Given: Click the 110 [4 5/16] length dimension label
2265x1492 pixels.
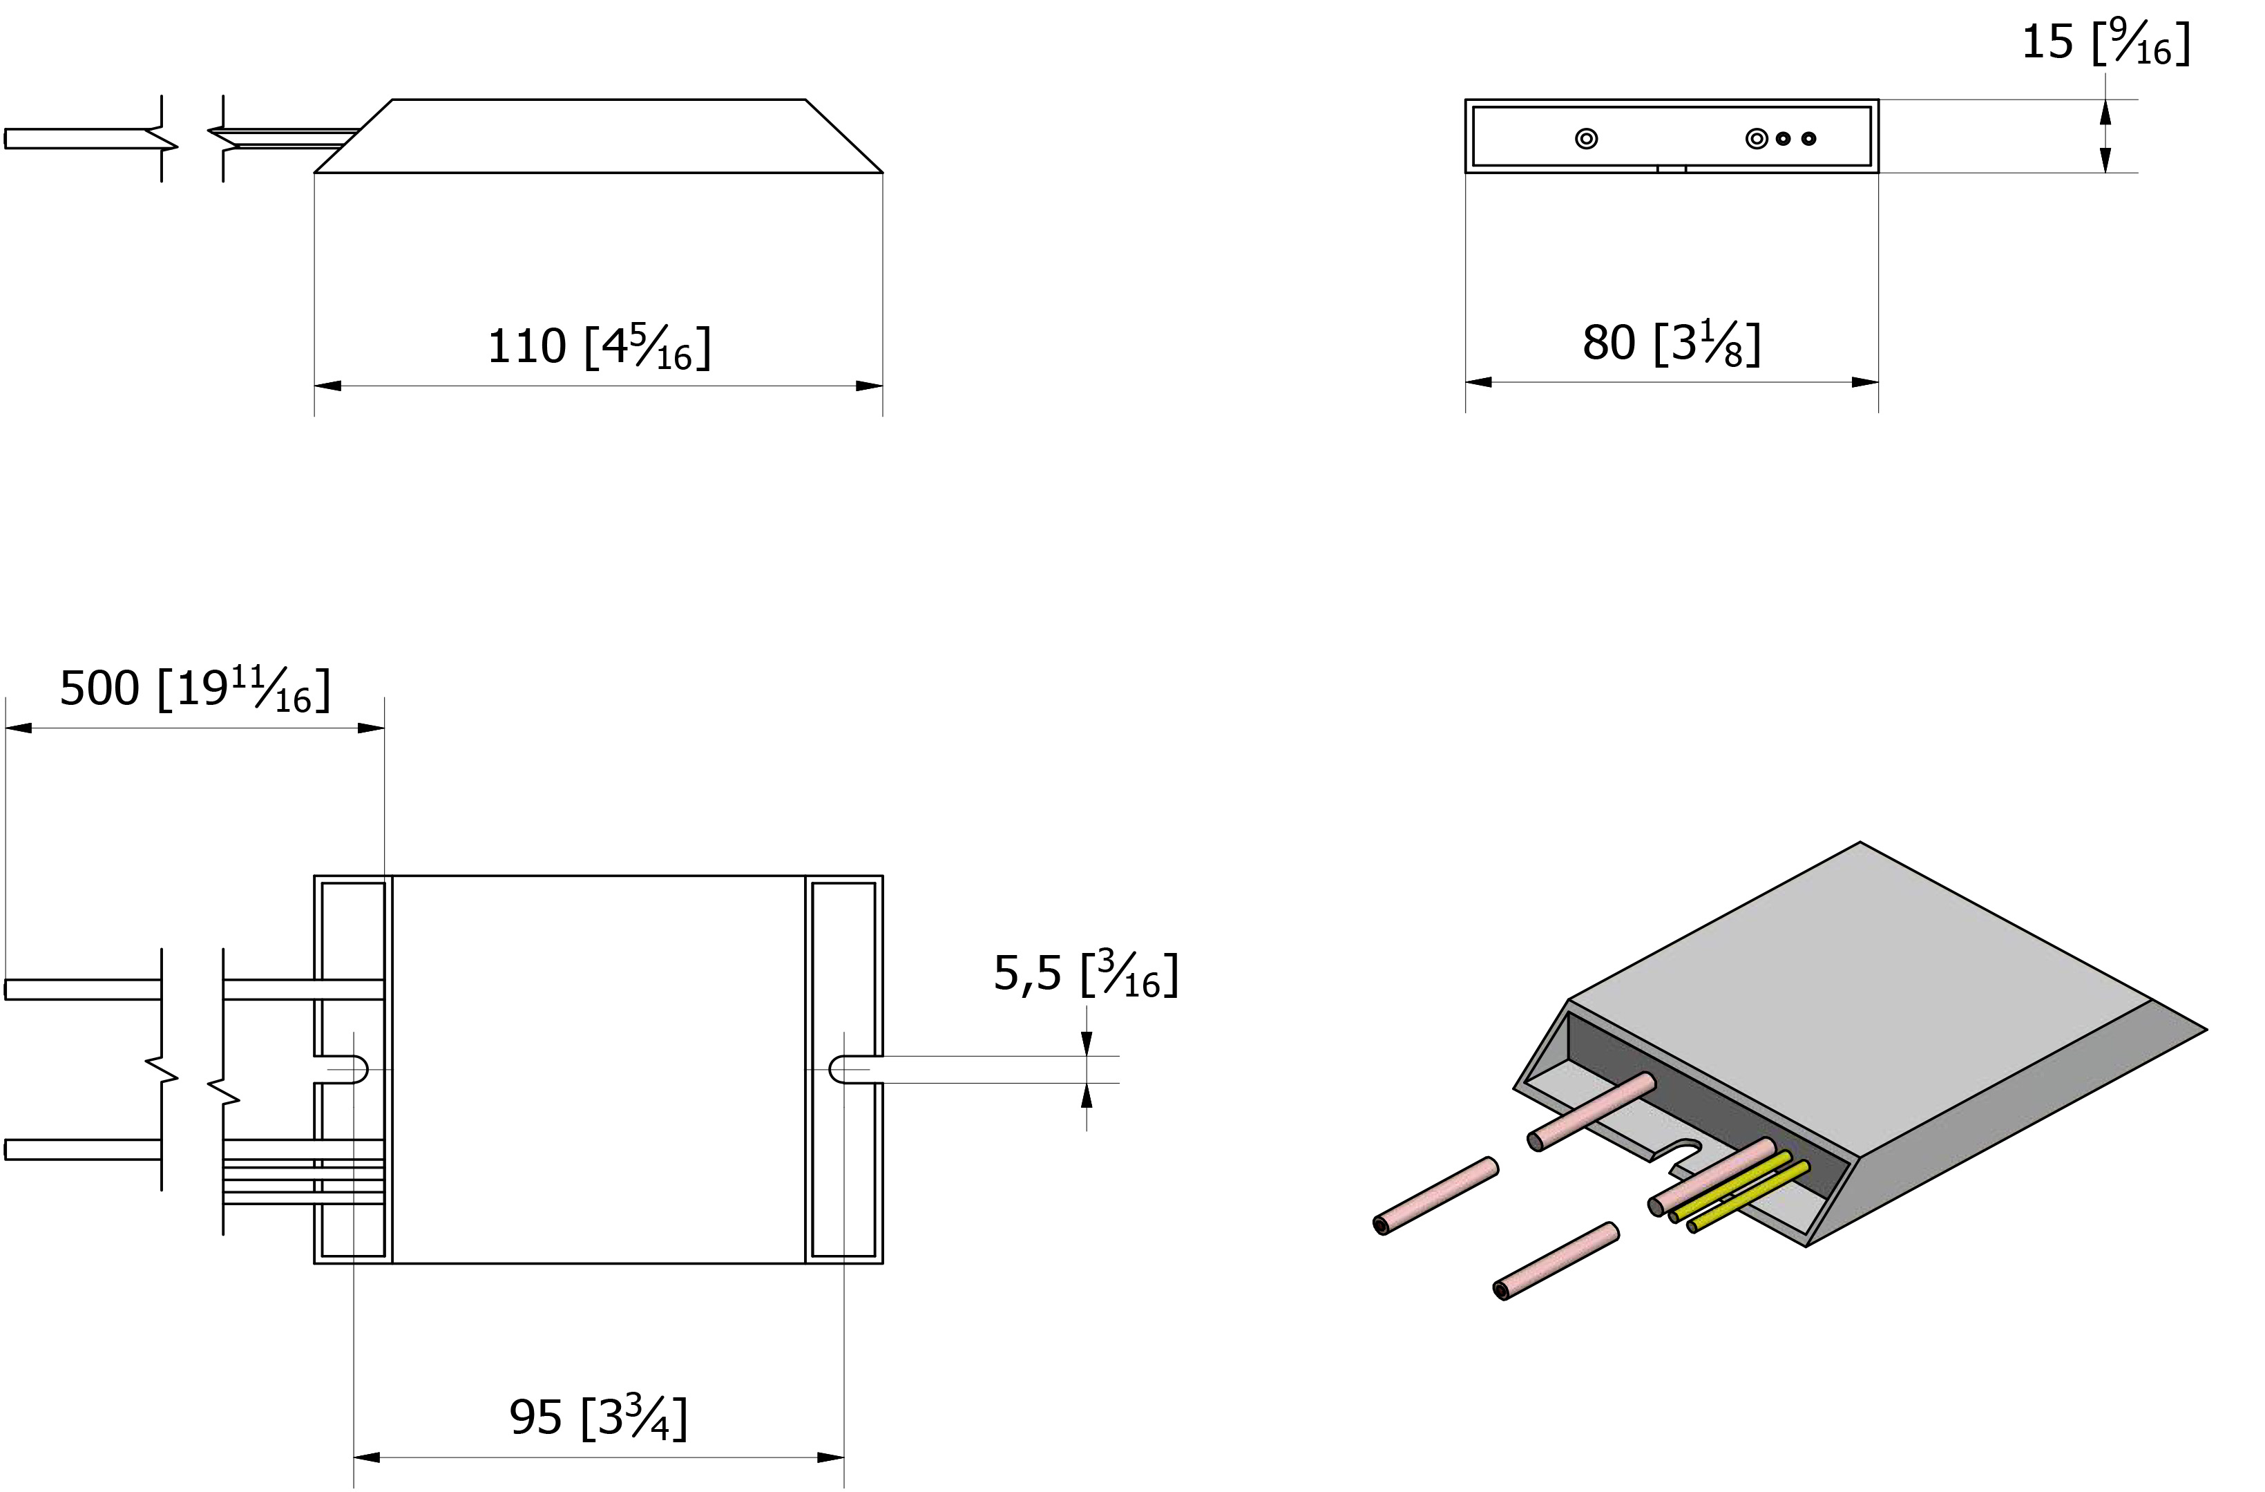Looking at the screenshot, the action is pyautogui.click(x=599, y=347).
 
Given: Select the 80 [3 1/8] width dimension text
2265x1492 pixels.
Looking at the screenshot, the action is pyautogui.click(x=1671, y=343).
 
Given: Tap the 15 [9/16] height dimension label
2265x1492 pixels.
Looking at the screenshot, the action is pyautogui.click(x=2105, y=43).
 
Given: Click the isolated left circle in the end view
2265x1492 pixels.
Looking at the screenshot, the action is pyautogui.click(x=1585, y=139).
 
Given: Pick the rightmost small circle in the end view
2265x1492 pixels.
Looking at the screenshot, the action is pyautogui.click(x=1809, y=139).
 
